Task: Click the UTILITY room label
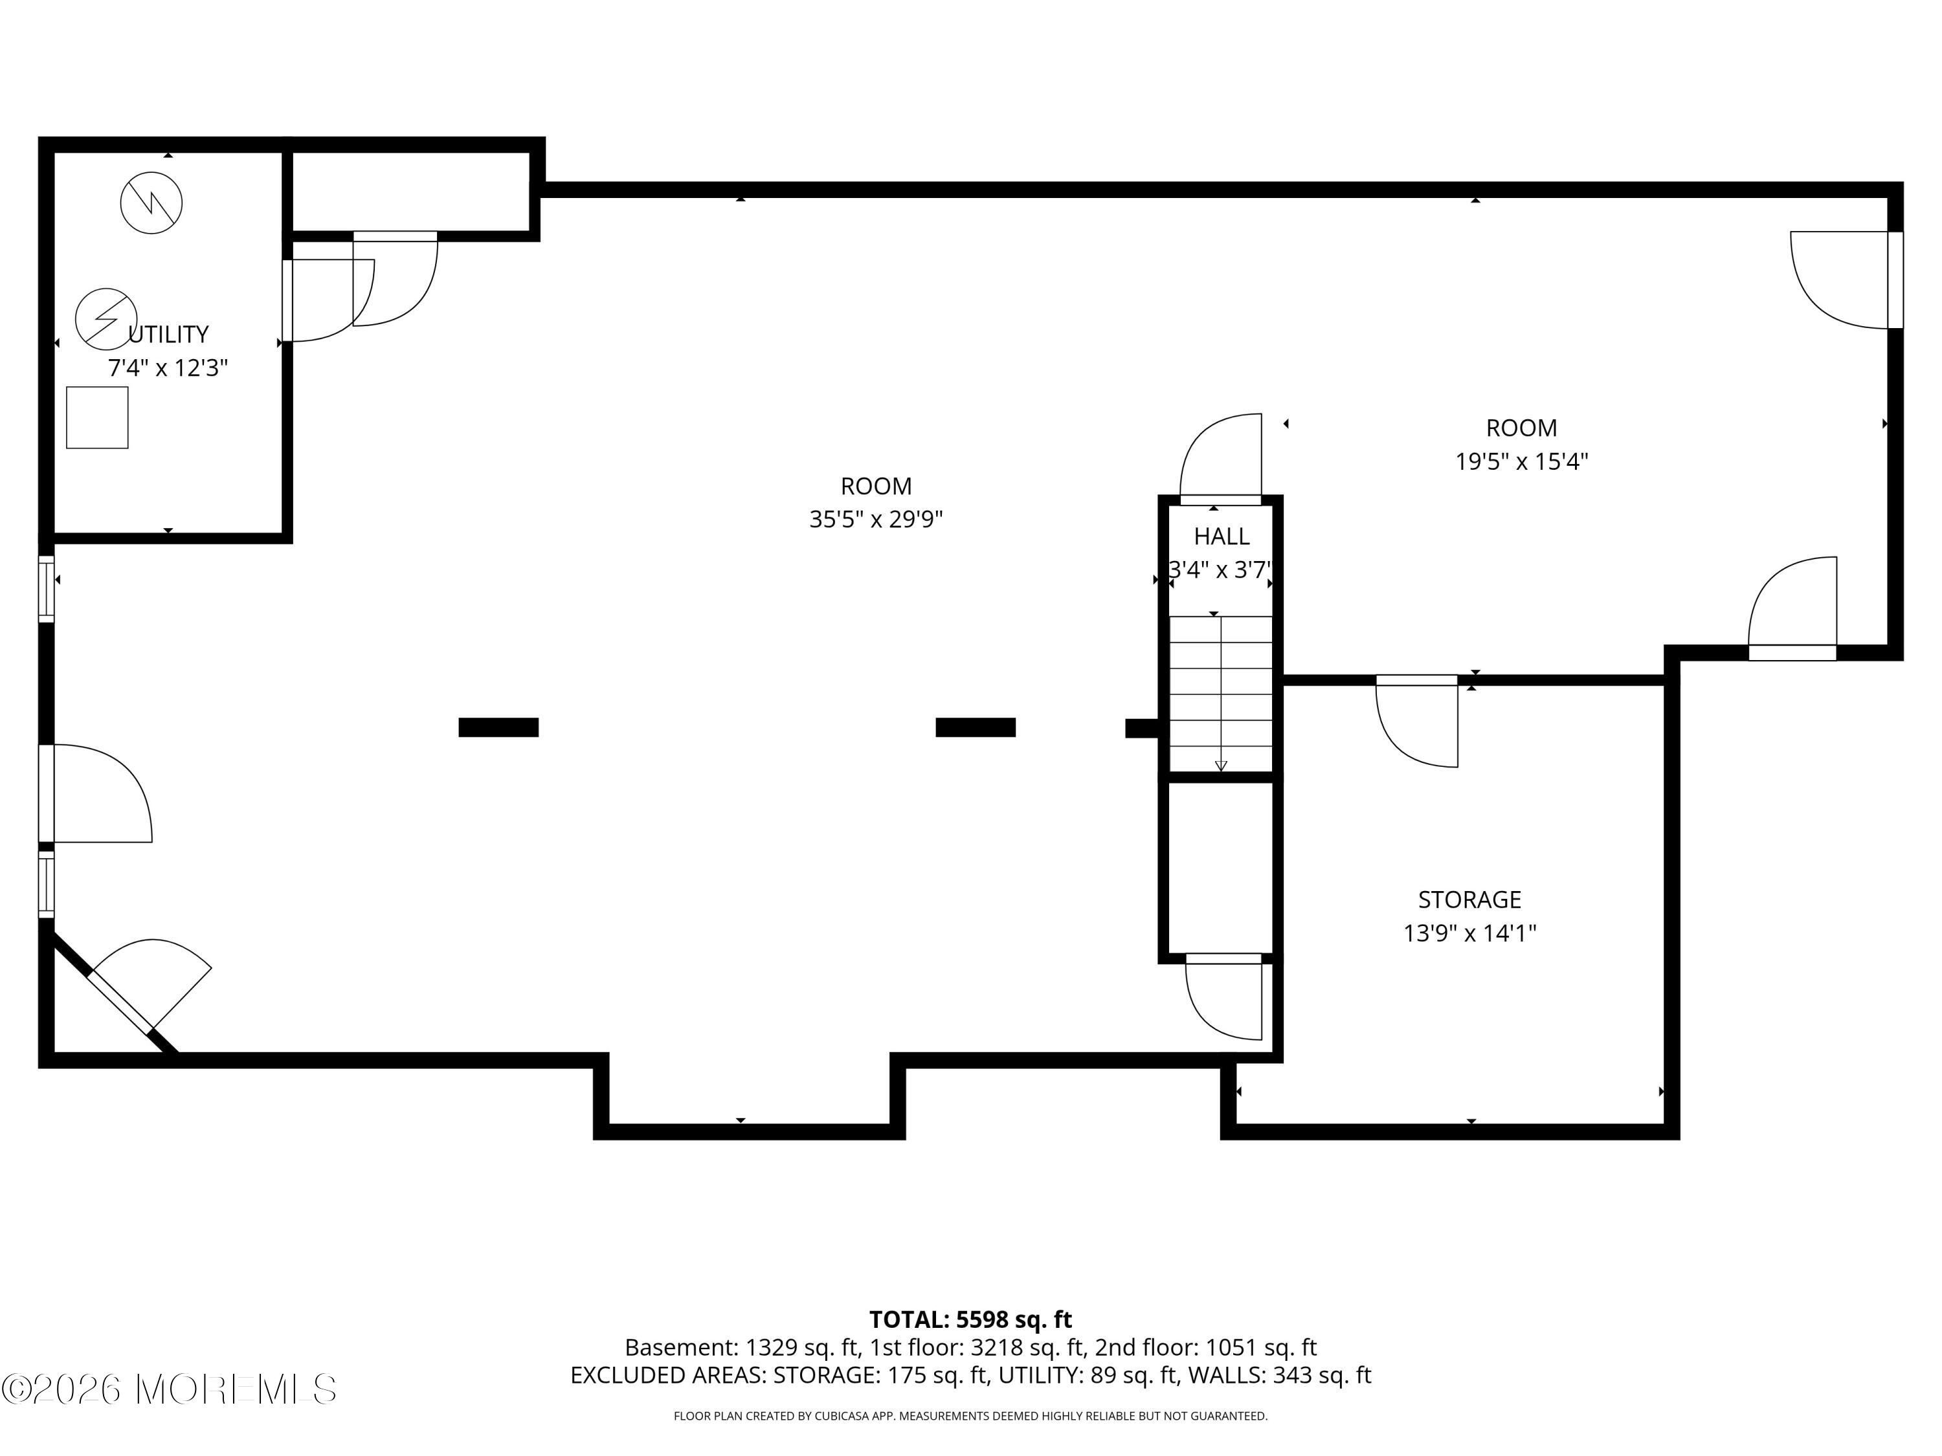pos(168,335)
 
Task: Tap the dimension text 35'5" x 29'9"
pos(876,520)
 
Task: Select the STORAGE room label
pos(1469,899)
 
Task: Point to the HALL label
pos(1222,536)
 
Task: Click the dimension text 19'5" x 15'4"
pos(1521,461)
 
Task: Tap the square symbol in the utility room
pos(98,418)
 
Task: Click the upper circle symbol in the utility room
pos(151,203)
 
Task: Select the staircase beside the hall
pos(1220,693)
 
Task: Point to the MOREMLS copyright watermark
pos(170,1389)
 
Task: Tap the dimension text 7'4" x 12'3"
pos(168,368)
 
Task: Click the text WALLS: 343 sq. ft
pos(1279,1375)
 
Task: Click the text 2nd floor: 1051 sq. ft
pos(1206,1347)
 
